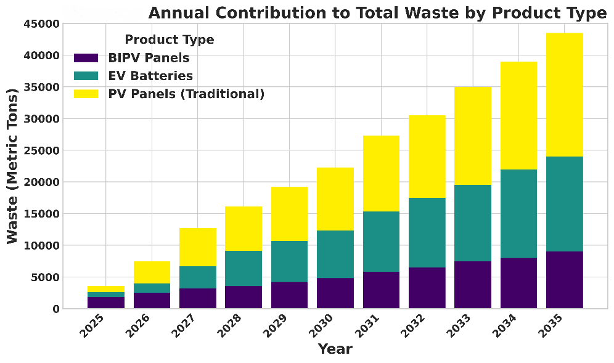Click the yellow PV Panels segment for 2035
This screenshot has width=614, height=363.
[564, 95]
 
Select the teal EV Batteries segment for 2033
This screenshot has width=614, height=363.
[473, 223]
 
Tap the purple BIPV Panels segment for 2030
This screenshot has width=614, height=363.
[335, 293]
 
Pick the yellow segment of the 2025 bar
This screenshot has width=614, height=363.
[106, 289]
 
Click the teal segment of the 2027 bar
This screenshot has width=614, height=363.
[198, 277]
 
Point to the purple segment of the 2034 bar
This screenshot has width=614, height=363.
[518, 283]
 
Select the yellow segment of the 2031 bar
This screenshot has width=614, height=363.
[381, 173]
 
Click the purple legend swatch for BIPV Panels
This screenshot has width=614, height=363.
[86, 58]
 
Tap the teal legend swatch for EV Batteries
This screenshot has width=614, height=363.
[86, 76]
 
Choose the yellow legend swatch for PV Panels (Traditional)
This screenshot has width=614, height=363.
[86, 94]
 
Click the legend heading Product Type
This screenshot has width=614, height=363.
[170, 40]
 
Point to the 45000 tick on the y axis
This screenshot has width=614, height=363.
[43, 24]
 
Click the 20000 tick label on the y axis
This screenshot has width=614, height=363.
[43, 182]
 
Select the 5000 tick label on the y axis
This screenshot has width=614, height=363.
[46, 277]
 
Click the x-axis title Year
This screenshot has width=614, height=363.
[335, 349]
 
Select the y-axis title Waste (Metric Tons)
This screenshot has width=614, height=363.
[13, 166]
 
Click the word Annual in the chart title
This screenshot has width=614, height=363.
[179, 14]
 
